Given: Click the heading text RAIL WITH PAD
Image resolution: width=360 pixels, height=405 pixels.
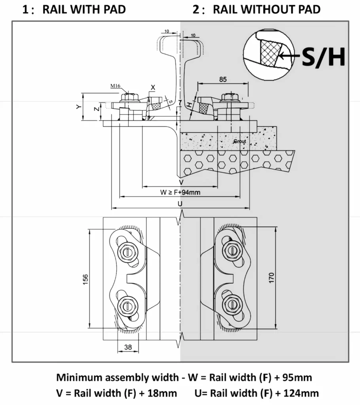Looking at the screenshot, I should tap(84, 9).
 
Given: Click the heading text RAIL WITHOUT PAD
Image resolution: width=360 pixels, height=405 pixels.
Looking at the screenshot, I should tap(266, 9).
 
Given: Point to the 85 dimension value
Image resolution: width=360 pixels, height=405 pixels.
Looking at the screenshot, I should tap(223, 79).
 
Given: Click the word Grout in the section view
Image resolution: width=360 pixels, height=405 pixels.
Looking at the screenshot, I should tap(239, 141).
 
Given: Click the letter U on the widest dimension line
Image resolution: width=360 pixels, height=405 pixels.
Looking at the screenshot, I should tap(180, 203).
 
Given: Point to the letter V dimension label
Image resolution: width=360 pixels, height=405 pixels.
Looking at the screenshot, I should tap(181, 182).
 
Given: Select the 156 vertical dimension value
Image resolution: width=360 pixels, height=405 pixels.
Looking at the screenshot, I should tap(85, 278).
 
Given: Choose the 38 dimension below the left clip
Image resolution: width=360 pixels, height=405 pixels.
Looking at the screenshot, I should tap(128, 347).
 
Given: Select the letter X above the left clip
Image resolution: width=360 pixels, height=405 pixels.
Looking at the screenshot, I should tap(153, 87).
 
